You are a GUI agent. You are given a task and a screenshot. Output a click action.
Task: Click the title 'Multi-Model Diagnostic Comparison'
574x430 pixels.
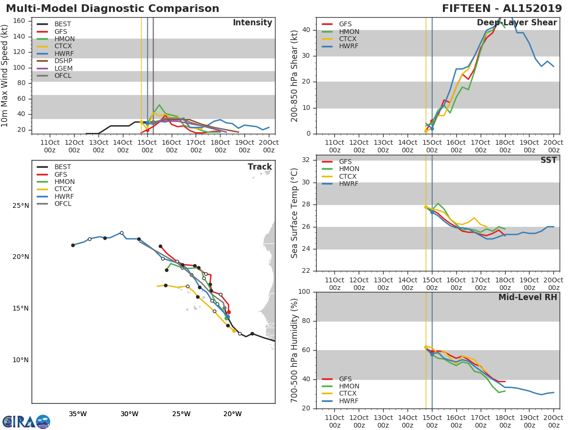click(x=112, y=9)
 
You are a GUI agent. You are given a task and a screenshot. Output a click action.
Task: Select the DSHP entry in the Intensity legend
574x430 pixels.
click(x=64, y=61)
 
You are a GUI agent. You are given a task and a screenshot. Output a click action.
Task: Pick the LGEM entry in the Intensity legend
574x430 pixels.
click(x=64, y=68)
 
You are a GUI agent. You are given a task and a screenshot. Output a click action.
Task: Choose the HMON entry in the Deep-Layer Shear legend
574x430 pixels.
click(x=349, y=32)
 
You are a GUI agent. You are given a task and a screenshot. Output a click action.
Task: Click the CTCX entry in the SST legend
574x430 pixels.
click(x=349, y=176)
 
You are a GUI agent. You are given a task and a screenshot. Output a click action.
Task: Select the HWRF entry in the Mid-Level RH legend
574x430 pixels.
click(x=349, y=401)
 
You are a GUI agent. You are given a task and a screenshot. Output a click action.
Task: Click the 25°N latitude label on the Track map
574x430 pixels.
click(x=21, y=206)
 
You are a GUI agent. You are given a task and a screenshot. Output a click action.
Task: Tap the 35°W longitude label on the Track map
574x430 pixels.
click(x=77, y=414)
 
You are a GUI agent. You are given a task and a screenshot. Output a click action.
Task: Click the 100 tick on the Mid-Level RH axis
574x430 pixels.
click(x=304, y=292)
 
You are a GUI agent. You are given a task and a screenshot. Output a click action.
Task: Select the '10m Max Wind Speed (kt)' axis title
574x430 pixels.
click(x=5, y=75)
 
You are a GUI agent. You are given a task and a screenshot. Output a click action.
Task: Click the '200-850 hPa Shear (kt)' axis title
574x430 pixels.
click(x=295, y=75)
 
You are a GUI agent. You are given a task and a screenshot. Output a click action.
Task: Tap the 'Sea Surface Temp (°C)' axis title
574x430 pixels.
click(x=295, y=213)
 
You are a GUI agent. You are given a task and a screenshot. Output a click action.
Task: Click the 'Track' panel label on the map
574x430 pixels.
click(x=259, y=167)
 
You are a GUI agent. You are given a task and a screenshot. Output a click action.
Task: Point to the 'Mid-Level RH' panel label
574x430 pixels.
click(x=527, y=297)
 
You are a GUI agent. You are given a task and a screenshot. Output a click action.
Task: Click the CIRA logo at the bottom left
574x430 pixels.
click(x=26, y=421)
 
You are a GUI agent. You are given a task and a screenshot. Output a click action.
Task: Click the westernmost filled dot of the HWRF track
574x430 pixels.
click(x=73, y=245)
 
